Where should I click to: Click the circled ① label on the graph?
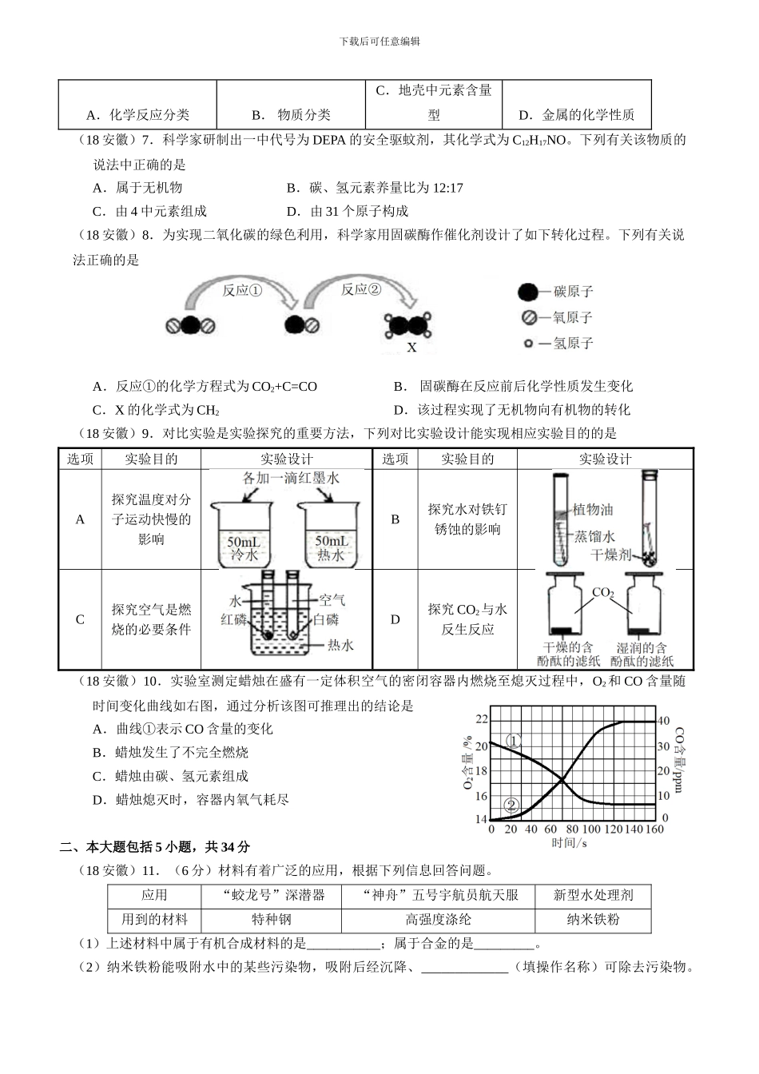(515, 740)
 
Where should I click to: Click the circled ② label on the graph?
(512, 805)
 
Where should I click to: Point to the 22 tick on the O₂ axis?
(481, 719)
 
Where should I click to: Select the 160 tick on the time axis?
(654, 829)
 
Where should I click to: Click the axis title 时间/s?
(570, 843)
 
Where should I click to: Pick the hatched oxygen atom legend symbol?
(528, 318)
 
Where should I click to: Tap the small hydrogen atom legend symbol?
(528, 344)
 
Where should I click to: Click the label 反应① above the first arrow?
(242, 291)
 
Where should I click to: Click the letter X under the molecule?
(412, 348)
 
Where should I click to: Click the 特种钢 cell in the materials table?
(272, 920)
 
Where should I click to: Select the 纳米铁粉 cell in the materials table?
(593, 920)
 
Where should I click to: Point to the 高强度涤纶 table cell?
(438, 920)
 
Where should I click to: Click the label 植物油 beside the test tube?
(593, 510)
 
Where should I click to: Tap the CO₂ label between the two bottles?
(602, 594)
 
